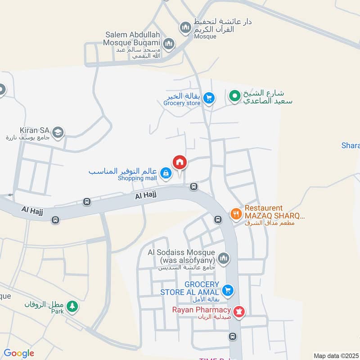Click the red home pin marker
click(179, 162)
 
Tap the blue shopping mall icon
click(166, 173)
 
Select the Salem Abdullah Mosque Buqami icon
click(169, 44)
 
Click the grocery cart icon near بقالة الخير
click(208, 98)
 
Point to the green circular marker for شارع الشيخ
click(234, 96)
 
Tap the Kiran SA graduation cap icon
click(58, 132)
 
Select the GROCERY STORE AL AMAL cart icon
click(228, 290)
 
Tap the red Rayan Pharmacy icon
click(239, 311)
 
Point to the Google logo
click(19, 353)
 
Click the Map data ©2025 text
click(336, 355)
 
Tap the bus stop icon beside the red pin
click(193, 186)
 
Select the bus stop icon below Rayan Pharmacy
click(232, 336)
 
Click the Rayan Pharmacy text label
click(202, 310)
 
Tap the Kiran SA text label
click(35, 130)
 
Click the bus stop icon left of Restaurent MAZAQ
click(218, 220)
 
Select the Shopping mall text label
click(137, 178)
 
